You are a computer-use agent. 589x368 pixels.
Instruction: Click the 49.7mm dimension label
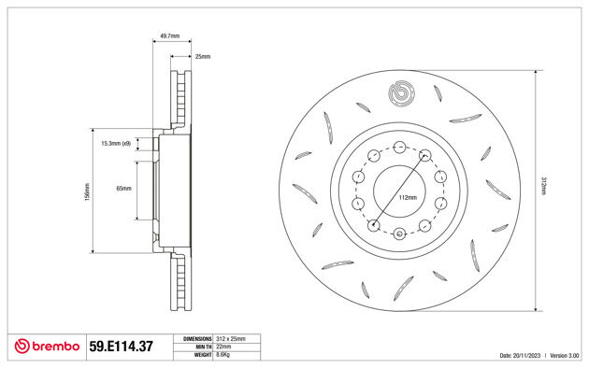[170, 35]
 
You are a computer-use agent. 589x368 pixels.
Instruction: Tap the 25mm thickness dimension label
[203, 57]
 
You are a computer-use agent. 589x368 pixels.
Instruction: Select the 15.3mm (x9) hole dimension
[116, 144]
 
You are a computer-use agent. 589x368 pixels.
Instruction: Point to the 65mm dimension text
[123, 189]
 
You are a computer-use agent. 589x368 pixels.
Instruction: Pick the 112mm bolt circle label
[407, 198]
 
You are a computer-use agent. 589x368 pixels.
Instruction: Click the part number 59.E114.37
[121, 347]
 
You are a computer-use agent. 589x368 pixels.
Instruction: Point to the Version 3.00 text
[564, 356]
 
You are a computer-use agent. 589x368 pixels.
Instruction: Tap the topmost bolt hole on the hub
[399, 147]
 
